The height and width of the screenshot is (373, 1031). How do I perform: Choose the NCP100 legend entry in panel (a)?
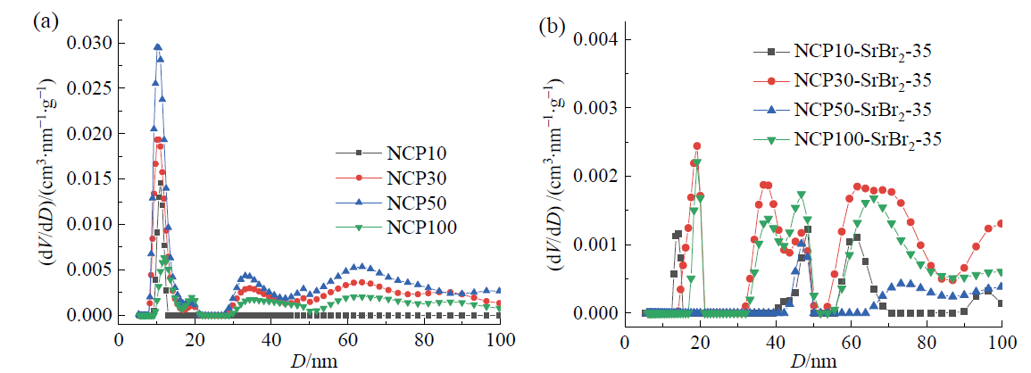(403, 227)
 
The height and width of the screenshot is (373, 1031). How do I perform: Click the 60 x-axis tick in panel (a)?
(349, 339)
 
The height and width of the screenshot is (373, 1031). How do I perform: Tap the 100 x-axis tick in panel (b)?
(1002, 339)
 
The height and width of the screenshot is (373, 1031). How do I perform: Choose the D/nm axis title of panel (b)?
(819, 360)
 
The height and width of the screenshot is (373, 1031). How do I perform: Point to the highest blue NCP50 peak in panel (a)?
(158, 46)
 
